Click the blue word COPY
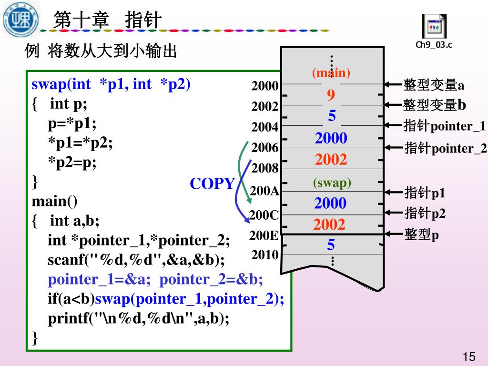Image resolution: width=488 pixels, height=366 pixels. [213, 183]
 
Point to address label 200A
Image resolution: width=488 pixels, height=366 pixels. [264, 191]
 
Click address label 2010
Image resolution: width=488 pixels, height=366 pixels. [265, 255]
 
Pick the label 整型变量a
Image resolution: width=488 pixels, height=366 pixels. [434, 85]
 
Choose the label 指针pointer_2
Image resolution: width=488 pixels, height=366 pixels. [446, 148]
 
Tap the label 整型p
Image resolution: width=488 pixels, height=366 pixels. [421, 234]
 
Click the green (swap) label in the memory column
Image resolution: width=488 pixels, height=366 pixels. [332, 183]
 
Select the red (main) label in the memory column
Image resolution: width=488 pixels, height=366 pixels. [331, 73]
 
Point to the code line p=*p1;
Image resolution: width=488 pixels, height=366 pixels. [72, 123]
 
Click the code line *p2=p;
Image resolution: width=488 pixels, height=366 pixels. [72, 162]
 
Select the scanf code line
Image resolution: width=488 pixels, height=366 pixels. [136, 260]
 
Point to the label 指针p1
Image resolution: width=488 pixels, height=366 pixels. [425, 193]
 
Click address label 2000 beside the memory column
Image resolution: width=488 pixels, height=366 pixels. [265, 86]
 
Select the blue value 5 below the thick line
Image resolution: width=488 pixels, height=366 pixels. [331, 245]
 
